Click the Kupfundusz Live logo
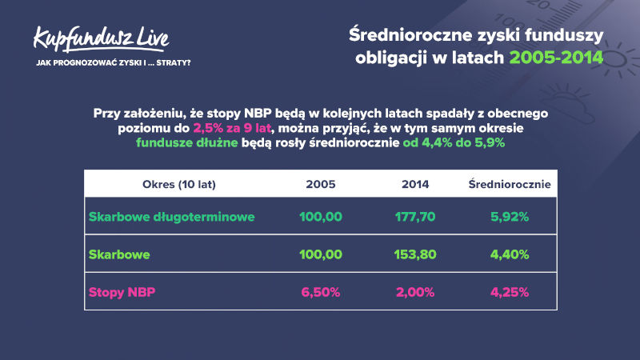click(x=102, y=39)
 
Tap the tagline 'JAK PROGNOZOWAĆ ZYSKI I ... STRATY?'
click(x=114, y=63)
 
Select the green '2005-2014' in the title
click(x=556, y=58)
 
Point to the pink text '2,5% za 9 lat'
click(x=232, y=128)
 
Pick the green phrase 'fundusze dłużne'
click(x=187, y=143)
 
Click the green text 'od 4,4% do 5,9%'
click(x=454, y=143)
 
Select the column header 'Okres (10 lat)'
click(x=178, y=185)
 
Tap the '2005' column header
click(x=321, y=185)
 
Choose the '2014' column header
click(x=415, y=185)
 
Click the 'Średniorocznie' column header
click(x=510, y=184)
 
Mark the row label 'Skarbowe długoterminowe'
click(x=171, y=217)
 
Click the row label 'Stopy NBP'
click(x=122, y=292)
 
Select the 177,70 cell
click(x=415, y=217)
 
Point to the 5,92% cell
click(x=510, y=217)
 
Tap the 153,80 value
click(x=415, y=254)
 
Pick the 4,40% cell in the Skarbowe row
click(x=510, y=254)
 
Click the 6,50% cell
click(x=321, y=292)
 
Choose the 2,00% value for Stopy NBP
click(x=415, y=292)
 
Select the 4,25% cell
click(x=510, y=292)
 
